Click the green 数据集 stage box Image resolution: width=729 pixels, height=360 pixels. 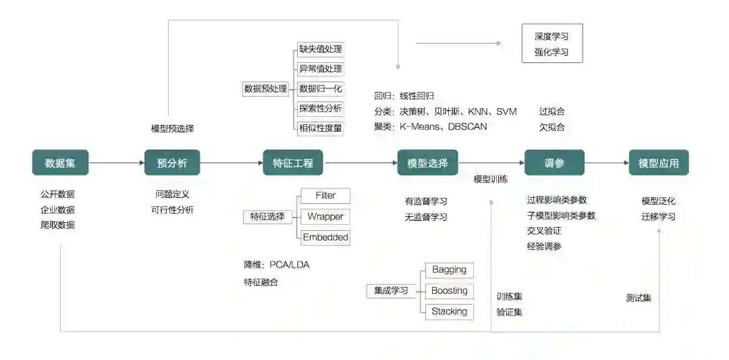[x=60, y=163]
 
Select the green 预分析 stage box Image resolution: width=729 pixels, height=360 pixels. [x=172, y=163]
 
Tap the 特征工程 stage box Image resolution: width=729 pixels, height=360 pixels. [x=292, y=163]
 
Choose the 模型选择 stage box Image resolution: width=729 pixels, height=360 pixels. [x=427, y=163]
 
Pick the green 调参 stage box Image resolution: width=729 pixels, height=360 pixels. [x=554, y=163]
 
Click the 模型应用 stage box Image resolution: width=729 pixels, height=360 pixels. [x=659, y=163]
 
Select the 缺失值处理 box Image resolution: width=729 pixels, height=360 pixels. [x=321, y=49]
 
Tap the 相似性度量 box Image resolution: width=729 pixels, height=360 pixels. [x=321, y=128]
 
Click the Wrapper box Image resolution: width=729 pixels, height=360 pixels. [x=325, y=217]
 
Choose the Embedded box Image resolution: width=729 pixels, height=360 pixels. [x=325, y=237]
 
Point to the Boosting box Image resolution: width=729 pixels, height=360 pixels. [x=450, y=291]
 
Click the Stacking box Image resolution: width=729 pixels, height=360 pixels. [x=450, y=311]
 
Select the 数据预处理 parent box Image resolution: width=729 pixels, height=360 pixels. [x=265, y=88]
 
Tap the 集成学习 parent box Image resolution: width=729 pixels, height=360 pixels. [x=391, y=291]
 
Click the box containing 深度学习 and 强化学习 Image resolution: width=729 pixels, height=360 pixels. [x=551, y=43]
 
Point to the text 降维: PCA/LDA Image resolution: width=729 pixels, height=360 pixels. [x=277, y=264]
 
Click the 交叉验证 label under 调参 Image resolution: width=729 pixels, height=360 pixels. [x=544, y=231]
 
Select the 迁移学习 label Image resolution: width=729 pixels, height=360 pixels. [x=658, y=217]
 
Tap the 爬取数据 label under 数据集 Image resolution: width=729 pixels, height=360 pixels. [x=57, y=225]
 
